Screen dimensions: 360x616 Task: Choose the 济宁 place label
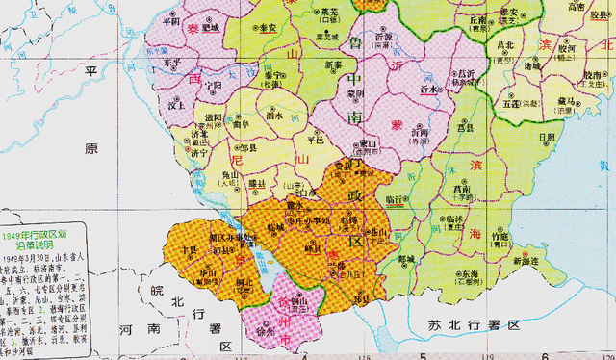point(199,153)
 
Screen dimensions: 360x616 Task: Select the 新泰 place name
point(334,64)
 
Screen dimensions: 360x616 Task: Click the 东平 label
point(172,62)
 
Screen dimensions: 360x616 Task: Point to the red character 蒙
point(394,125)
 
